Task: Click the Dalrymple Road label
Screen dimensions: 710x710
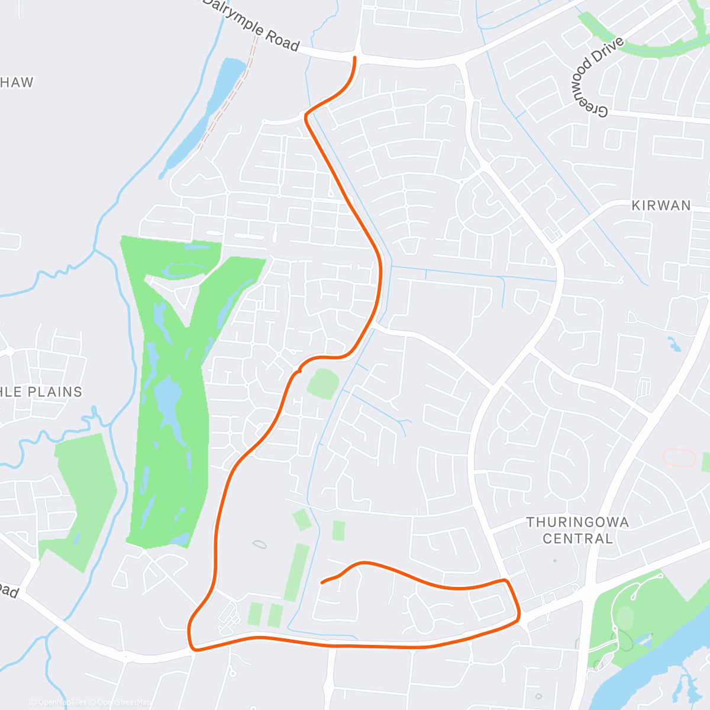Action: (x=252, y=25)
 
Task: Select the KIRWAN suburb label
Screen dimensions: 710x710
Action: (x=661, y=205)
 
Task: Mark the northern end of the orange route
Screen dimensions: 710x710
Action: (x=355, y=57)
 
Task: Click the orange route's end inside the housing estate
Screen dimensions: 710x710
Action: (x=322, y=583)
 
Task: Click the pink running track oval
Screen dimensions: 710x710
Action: (x=680, y=458)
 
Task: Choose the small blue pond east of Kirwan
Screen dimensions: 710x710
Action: (x=674, y=343)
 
